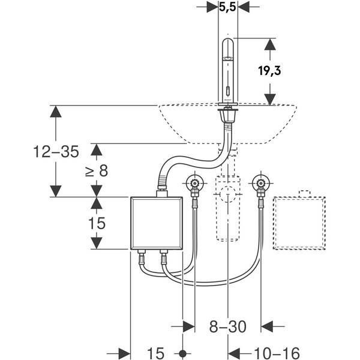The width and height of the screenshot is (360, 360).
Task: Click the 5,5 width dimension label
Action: tap(227, 7)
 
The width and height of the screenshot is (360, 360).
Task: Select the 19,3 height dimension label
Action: tap(269, 70)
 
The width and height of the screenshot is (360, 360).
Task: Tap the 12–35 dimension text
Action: tap(56, 151)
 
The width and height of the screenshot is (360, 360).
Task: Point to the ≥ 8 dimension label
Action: tap(97, 171)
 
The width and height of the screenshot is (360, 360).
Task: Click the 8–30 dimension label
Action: tap(227, 326)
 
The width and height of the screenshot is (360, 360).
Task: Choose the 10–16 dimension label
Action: tap(277, 353)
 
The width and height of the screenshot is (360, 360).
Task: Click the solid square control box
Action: tap(157, 223)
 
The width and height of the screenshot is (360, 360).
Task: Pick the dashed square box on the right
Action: tap(299, 223)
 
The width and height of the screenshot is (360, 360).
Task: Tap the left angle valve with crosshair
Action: tap(195, 183)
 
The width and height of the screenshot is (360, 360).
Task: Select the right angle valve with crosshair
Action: tap(261, 183)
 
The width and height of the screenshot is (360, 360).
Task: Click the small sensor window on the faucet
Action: tap(228, 91)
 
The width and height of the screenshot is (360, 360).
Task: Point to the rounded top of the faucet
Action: tap(228, 43)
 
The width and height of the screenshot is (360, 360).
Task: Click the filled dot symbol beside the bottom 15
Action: tap(182, 353)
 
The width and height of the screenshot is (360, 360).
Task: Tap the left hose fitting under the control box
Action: tap(142, 258)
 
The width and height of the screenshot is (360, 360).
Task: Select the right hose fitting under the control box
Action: tap(163, 258)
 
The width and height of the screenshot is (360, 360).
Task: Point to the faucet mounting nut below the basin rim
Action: tap(228, 115)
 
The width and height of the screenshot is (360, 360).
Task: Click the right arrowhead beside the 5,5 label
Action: tap(244, 7)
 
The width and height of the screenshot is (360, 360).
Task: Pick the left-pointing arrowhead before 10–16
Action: tap(234, 353)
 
